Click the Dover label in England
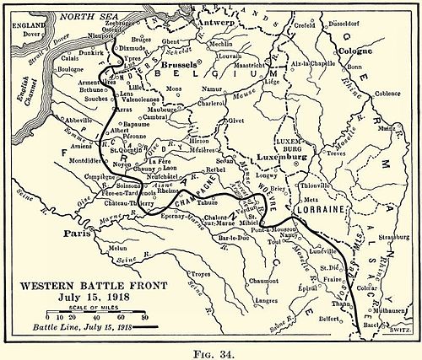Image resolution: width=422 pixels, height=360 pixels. pyautogui.click(x=32, y=36)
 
